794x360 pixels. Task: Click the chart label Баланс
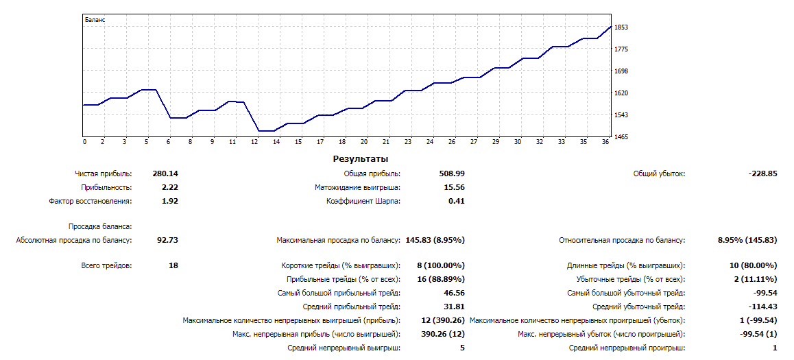pos(95,20)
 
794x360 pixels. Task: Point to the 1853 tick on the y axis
pos(621,27)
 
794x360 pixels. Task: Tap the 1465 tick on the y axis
pos(621,137)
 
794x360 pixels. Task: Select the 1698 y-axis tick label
pos(621,71)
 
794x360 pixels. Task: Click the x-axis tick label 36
pos(605,142)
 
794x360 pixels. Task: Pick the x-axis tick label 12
pos(254,142)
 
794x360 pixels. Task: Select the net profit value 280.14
pos(165,174)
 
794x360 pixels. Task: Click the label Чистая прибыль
pos(104,174)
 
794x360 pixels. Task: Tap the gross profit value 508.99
pos(452,174)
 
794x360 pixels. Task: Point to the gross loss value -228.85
pos(763,174)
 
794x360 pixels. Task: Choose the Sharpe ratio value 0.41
pos(457,202)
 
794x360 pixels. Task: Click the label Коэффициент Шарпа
pos(363,202)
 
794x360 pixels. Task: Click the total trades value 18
pos(173,265)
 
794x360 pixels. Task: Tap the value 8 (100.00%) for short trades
pos(441,265)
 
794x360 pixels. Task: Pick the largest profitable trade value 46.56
pos(455,293)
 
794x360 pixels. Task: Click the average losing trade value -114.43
pos(761,307)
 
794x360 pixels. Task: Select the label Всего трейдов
pos(106,265)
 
